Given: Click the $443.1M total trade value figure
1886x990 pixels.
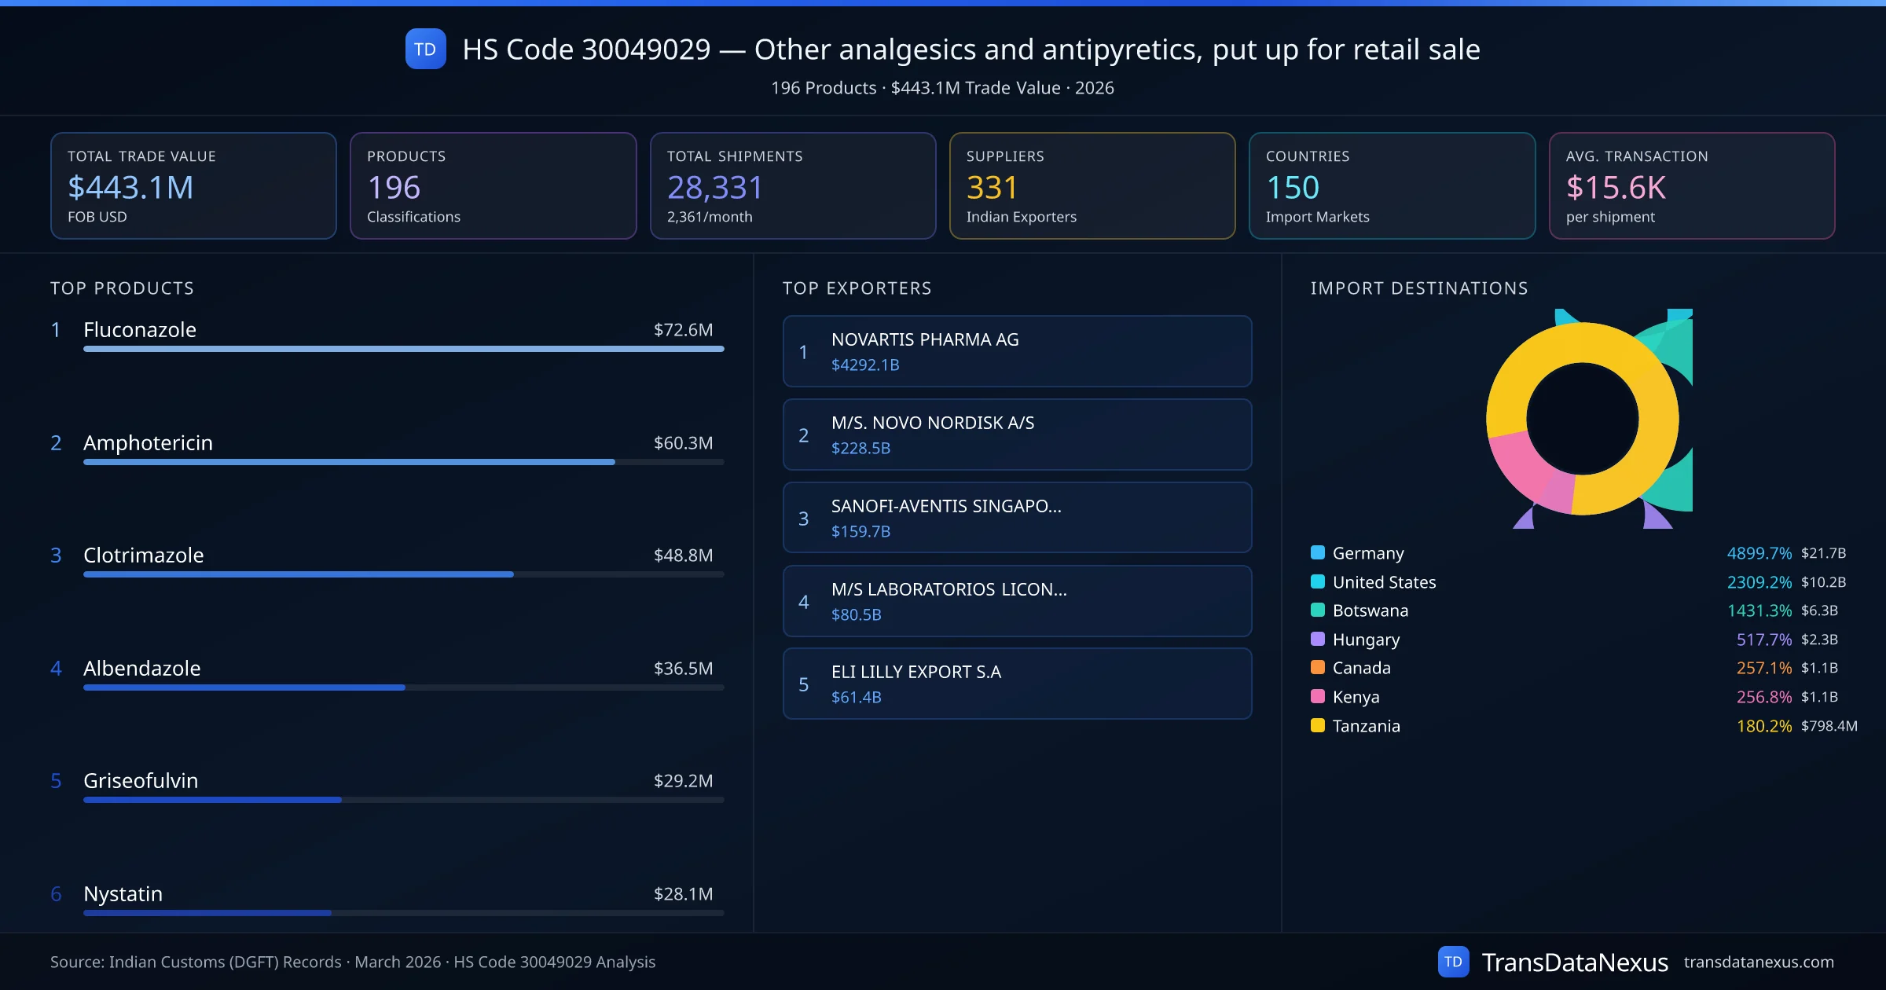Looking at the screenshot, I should pos(130,187).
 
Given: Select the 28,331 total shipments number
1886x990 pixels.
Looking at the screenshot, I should pos(714,187).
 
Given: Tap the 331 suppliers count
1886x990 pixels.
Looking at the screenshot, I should pos(992,187).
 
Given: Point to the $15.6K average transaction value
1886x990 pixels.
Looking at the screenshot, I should pos(1615,187).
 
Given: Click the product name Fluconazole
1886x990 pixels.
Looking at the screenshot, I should pos(140,330).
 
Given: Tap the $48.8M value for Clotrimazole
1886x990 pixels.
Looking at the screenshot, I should pos(683,555).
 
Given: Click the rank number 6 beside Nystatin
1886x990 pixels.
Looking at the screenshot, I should pos(56,894).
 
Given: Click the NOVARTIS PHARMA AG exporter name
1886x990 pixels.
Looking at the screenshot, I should pos(925,339).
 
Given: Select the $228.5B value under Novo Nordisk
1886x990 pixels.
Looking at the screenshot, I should pos(860,449).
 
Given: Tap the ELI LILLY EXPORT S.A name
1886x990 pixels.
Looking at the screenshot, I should pos(916,672).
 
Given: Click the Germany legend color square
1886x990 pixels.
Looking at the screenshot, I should pos(1318,552).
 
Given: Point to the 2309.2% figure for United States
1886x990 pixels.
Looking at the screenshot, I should pos(1759,582).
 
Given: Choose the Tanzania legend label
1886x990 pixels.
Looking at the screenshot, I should pos(1366,726).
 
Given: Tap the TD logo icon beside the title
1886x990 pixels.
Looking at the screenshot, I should pos(425,49).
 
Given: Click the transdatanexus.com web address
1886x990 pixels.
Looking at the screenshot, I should pos(1758,962).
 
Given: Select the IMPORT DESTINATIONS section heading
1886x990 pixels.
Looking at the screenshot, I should pos(1418,288).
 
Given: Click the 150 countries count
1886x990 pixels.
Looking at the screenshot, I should pos(1292,187).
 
